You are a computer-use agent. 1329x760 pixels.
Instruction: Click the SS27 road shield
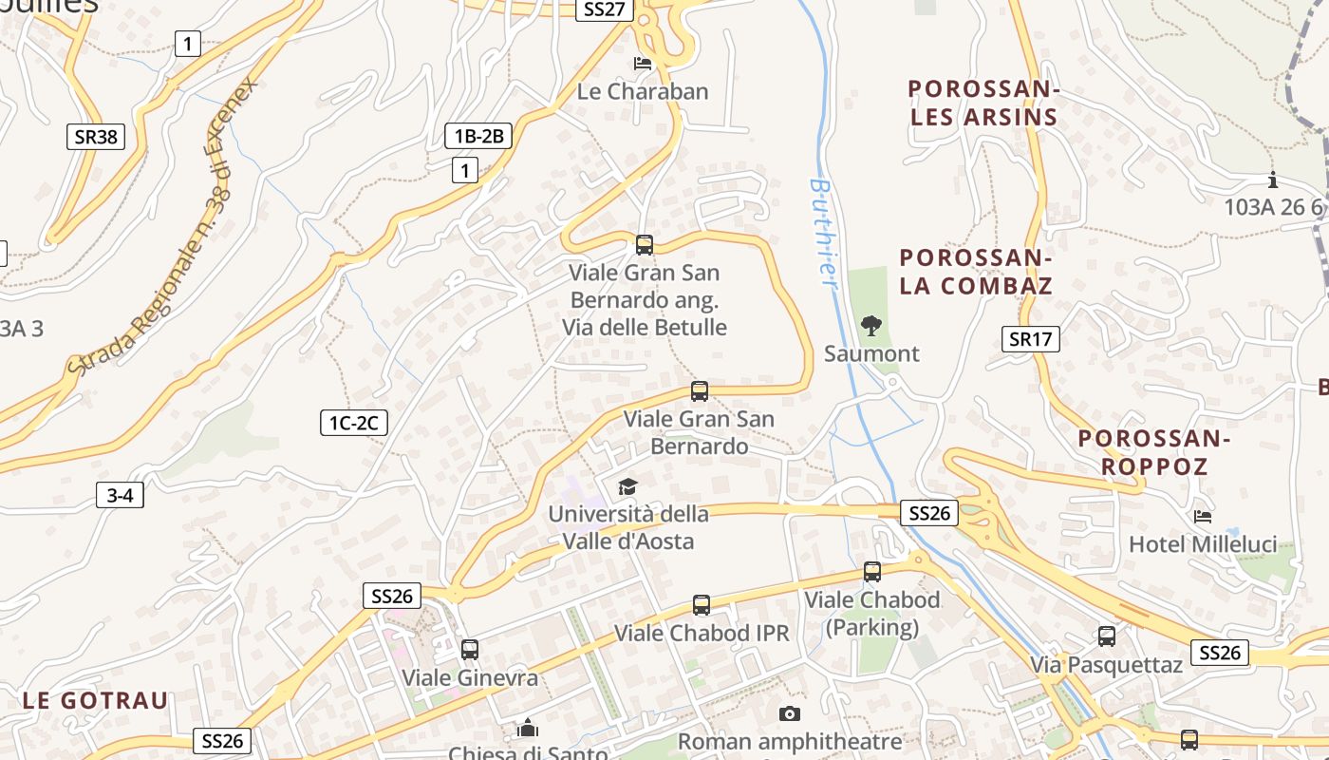[605, 9]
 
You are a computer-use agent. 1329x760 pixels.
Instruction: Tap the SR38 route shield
[96, 137]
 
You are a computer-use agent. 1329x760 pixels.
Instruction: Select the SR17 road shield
[1030, 338]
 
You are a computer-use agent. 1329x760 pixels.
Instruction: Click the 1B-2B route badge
[478, 136]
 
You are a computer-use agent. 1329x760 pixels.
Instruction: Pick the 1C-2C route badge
[353, 423]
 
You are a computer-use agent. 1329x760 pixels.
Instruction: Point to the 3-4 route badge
[120, 494]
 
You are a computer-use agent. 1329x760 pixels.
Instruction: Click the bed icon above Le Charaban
[643, 64]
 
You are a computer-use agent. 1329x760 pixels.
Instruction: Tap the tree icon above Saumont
[870, 326]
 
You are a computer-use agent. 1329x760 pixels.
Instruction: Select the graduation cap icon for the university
[627, 487]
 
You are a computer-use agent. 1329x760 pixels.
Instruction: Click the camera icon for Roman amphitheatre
[790, 713]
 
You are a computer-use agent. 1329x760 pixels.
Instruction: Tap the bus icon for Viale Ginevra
[469, 650]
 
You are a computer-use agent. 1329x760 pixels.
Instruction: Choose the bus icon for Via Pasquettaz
[1107, 636]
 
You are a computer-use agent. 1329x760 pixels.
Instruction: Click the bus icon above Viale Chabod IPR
[701, 605]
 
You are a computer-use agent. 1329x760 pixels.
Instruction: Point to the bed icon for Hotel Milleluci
[1203, 517]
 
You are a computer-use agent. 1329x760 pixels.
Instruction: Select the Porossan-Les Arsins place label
[983, 104]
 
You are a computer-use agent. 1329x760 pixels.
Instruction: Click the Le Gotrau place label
[95, 701]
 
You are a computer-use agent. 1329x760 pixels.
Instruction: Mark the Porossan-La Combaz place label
[976, 272]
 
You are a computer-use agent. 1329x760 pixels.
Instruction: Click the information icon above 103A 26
[1273, 180]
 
